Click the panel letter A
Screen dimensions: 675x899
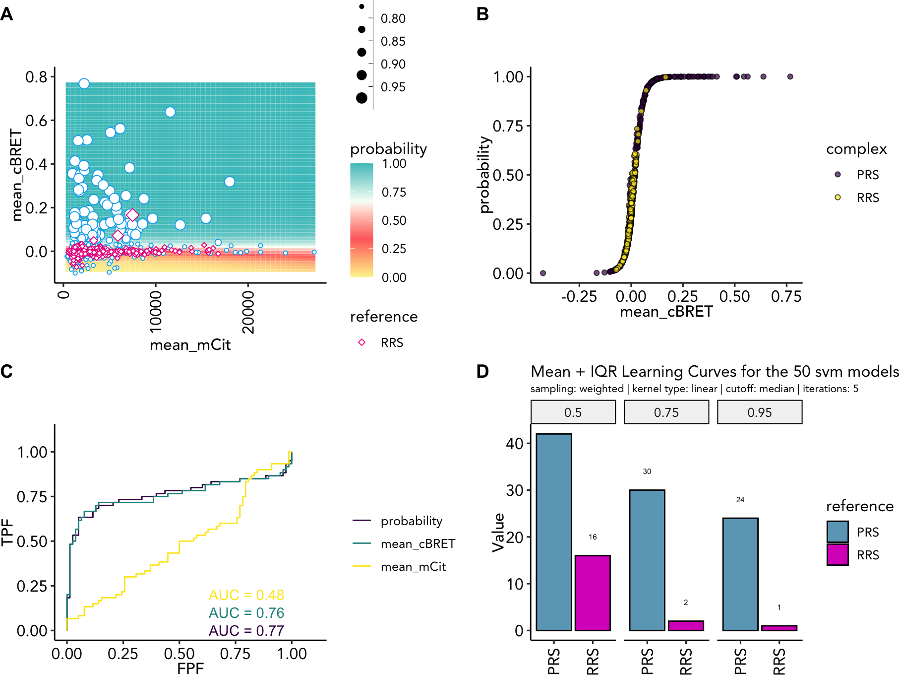coord(6,14)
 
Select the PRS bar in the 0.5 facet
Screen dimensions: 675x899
coord(553,532)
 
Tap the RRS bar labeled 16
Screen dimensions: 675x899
coord(593,593)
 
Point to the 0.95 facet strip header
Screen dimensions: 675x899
coord(759,412)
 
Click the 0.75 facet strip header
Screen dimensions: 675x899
coord(666,412)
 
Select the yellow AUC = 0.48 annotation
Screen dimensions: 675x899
coord(246,595)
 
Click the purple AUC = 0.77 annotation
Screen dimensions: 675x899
coord(246,630)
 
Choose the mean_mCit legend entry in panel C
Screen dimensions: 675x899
coord(413,566)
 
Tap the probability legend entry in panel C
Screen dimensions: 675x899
coord(411,521)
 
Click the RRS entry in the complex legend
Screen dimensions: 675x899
coord(868,198)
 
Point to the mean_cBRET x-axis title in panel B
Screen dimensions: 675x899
coord(666,312)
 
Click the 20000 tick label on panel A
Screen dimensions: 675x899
coord(248,312)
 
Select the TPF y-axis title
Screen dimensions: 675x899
coord(7,532)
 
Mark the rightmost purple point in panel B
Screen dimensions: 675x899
coord(790,76)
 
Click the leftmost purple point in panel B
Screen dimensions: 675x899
coord(543,273)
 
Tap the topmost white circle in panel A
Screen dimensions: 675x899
coord(84,83)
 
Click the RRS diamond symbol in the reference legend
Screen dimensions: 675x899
coord(362,342)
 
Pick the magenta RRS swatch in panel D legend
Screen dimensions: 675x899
coord(838,555)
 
